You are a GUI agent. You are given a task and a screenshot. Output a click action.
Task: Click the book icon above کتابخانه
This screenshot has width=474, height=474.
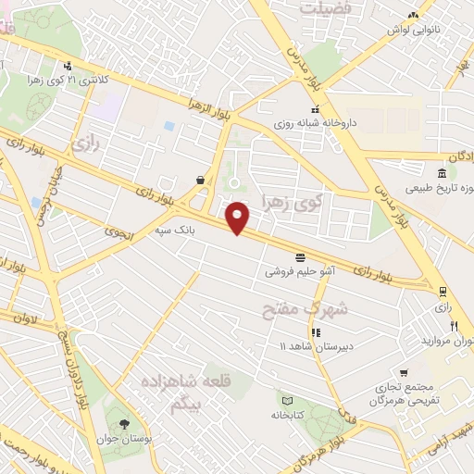[x=287, y=400]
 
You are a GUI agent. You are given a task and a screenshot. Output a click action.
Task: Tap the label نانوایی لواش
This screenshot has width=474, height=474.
[x=411, y=30]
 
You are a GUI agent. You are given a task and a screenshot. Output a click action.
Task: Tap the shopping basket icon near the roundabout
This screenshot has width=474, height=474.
[x=201, y=180]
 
